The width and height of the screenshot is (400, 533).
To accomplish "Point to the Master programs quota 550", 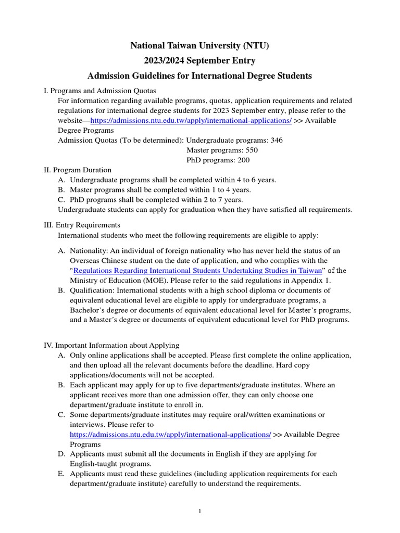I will click(248, 150).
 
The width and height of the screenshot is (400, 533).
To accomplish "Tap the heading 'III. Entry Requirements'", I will click(82, 225).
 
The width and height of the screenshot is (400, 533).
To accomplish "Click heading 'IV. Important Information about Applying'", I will click(111, 345).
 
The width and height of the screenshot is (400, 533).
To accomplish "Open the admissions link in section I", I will click(191, 120).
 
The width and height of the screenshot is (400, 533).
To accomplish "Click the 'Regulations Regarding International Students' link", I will click(198, 270).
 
